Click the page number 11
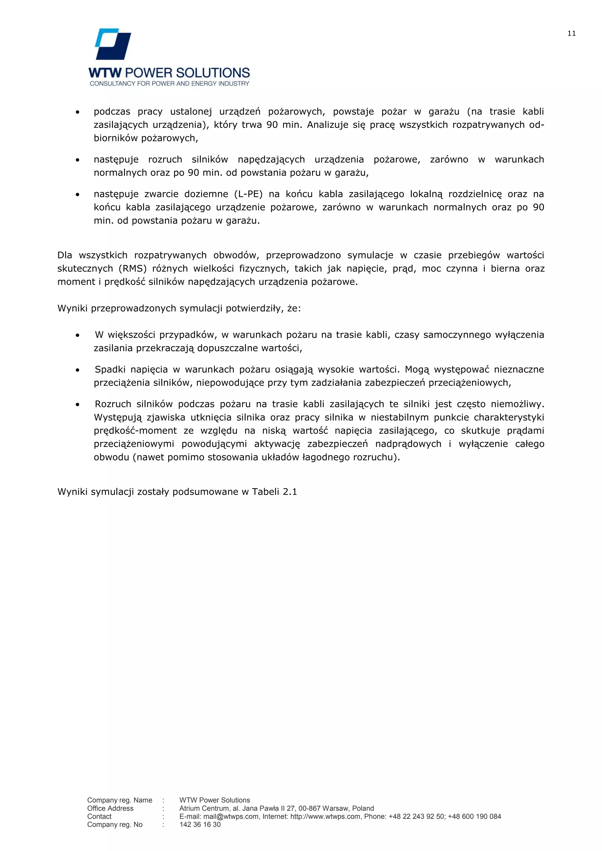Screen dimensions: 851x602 pos(571,33)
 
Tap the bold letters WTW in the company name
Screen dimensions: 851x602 pos(105,73)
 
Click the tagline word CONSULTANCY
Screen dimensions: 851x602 pos(113,84)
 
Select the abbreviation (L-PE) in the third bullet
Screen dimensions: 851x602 pos(248,194)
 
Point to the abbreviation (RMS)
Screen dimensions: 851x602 pos(132,268)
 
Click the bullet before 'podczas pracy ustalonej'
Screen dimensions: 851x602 pos(78,112)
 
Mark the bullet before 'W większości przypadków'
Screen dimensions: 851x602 pos(78,335)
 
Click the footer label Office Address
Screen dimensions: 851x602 pos(110,808)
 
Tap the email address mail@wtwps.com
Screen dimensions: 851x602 pos(231,817)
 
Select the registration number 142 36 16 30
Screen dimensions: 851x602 pos(200,825)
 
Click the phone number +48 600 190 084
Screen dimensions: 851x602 pos(474,817)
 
